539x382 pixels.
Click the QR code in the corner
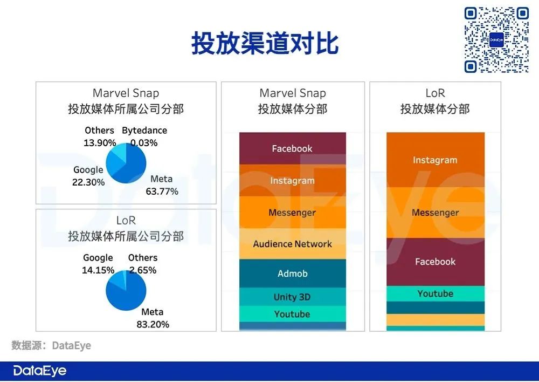tap(496, 39)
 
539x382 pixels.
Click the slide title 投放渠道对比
tap(265, 43)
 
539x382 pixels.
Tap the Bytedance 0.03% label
tap(144, 137)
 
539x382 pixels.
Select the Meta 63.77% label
tap(162, 185)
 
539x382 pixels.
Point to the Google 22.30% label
tap(88, 176)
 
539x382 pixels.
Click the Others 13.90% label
tap(100, 137)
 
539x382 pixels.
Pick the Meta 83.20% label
tap(153, 318)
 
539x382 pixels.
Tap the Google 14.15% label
tap(98, 264)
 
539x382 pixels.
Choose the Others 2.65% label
tap(143, 264)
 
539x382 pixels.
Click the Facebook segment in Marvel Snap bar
tap(293, 148)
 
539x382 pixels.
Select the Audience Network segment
tap(293, 244)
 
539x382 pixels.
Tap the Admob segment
tap(293, 273)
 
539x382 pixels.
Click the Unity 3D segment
tap(293, 297)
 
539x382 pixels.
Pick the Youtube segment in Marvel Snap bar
tap(293, 314)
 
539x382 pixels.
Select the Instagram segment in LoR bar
tap(435, 160)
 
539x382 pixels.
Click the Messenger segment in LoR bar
tap(435, 213)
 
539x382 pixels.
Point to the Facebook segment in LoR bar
tap(435, 262)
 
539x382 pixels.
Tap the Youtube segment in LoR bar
tap(435, 294)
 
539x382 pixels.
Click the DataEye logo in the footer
tap(40, 371)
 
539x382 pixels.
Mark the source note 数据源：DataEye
tap(51, 345)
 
